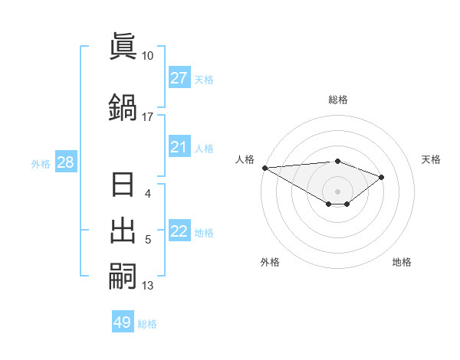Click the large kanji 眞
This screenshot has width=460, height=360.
123,46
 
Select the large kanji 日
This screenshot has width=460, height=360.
123,186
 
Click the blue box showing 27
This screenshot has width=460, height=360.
179,77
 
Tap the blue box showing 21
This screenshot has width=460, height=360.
179,147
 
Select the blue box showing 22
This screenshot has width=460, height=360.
179,231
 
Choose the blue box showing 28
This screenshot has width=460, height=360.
65,162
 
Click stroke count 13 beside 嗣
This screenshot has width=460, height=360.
147,286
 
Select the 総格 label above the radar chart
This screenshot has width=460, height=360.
337,100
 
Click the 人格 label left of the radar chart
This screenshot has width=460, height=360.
245,159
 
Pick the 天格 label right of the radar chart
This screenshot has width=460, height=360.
431,159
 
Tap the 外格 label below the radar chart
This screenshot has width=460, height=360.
270,262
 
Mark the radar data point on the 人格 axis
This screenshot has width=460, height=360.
264,168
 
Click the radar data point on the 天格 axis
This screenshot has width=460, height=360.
381,177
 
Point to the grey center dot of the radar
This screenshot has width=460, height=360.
337,191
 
